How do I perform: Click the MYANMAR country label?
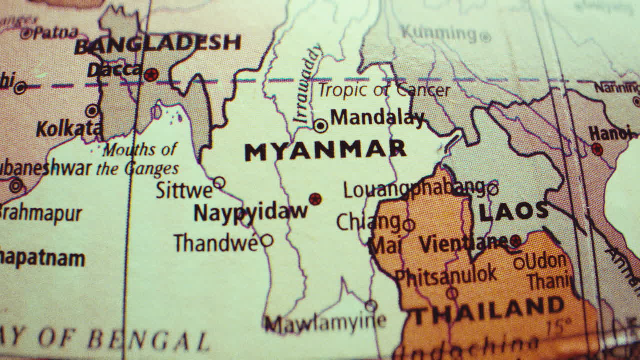point(325,150)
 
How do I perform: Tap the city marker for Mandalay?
point(320,125)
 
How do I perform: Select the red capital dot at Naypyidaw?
point(315,199)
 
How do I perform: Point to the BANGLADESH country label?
point(158,44)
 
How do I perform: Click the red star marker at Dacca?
point(151,75)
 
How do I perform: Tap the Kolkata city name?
point(68,129)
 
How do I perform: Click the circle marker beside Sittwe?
point(219,183)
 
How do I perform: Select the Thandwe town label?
point(216,243)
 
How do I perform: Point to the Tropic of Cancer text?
point(384,90)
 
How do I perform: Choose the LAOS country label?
point(513,212)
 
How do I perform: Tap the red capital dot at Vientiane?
point(515,242)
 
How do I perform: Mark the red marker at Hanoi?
point(597,149)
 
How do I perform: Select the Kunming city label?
point(438,33)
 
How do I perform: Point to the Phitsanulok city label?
point(446,275)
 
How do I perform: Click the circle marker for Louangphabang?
point(493,189)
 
